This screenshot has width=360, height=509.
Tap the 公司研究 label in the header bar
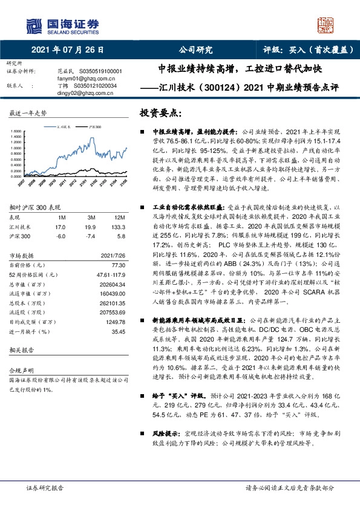point(196,50)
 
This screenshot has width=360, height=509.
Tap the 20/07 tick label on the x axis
point(21,181)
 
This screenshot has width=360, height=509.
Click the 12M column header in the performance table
point(120,216)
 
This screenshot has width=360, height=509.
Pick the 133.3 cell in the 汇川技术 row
point(119,227)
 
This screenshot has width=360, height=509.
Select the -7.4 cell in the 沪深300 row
point(91,236)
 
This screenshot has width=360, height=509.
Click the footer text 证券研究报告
point(45,487)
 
